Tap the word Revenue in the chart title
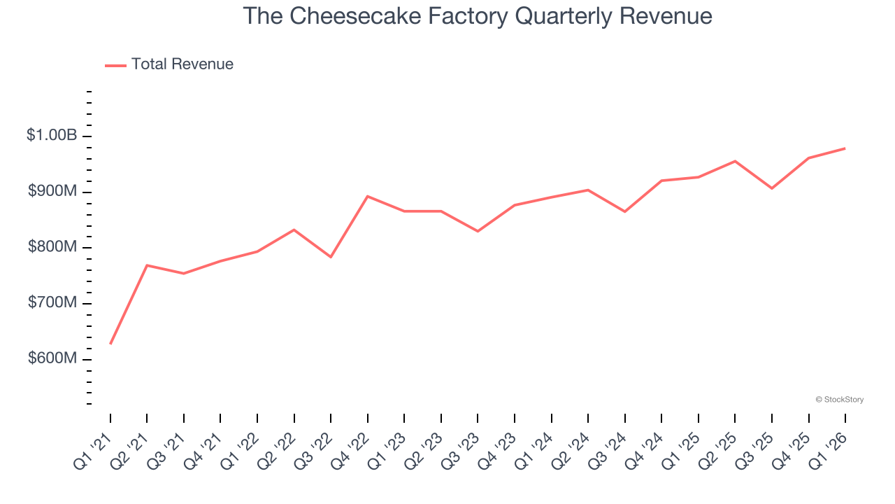point(665,16)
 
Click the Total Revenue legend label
point(182,64)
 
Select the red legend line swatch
point(115,65)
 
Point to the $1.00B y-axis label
point(52,135)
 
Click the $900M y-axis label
point(52,191)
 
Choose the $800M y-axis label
point(52,247)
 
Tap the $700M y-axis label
point(52,302)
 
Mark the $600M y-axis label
point(52,358)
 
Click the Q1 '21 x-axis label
point(94,449)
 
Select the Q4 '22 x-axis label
point(351,449)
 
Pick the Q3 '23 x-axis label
point(461,449)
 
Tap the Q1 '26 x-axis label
point(829,449)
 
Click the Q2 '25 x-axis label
point(719,449)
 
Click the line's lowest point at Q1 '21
point(110,344)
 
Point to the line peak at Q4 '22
point(368,196)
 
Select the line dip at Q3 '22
point(331,257)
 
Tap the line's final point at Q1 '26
point(845,148)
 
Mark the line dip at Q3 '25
point(772,188)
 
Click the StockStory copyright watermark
point(839,400)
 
